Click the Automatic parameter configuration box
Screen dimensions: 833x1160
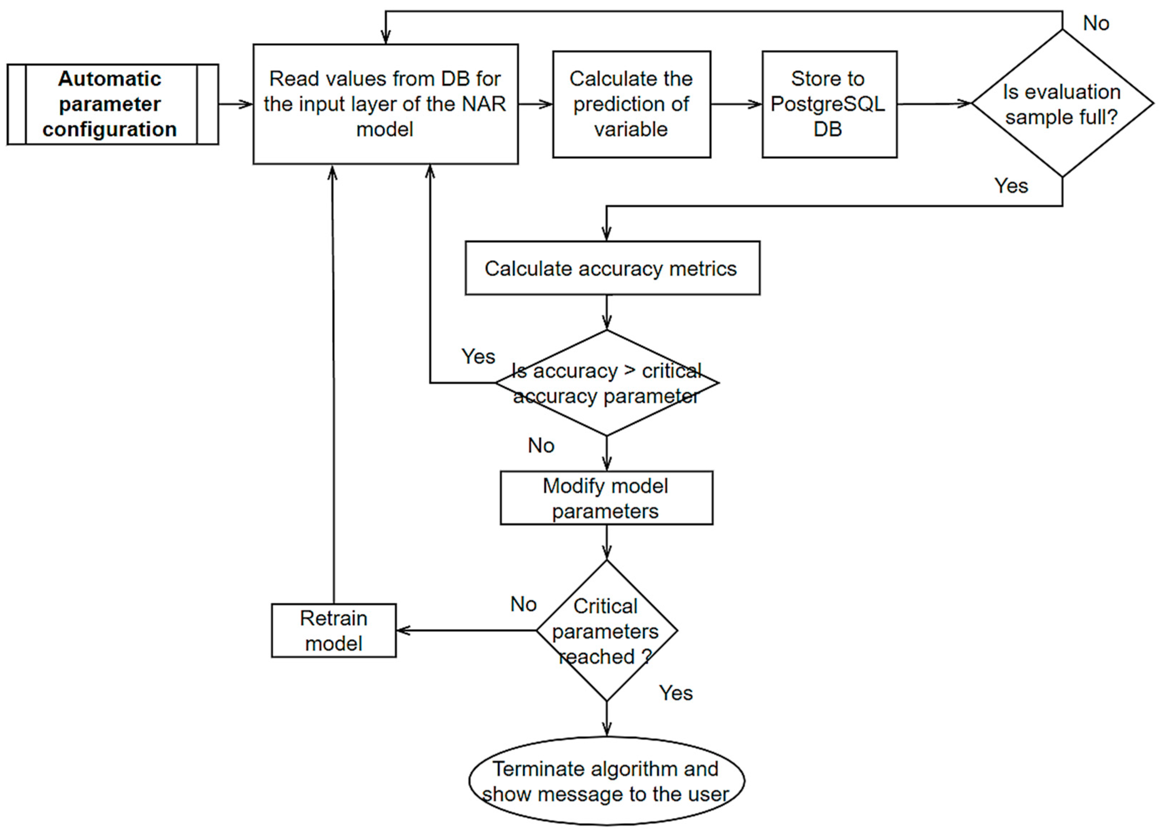click(113, 104)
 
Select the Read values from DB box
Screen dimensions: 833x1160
click(385, 104)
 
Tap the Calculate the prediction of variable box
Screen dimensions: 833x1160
click(631, 104)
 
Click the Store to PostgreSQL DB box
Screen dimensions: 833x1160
click(829, 104)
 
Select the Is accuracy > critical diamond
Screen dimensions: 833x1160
click(607, 383)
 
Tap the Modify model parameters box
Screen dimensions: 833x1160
click(606, 498)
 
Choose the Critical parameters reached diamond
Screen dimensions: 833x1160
click(607, 630)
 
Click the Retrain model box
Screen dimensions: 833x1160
click(333, 630)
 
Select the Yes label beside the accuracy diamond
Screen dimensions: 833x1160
click(478, 357)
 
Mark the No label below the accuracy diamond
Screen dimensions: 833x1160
click(541, 446)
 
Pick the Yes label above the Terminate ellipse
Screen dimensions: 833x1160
click(675, 693)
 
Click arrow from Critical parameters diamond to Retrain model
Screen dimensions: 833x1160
click(466, 630)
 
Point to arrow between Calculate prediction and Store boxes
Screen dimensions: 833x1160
click(735, 104)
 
